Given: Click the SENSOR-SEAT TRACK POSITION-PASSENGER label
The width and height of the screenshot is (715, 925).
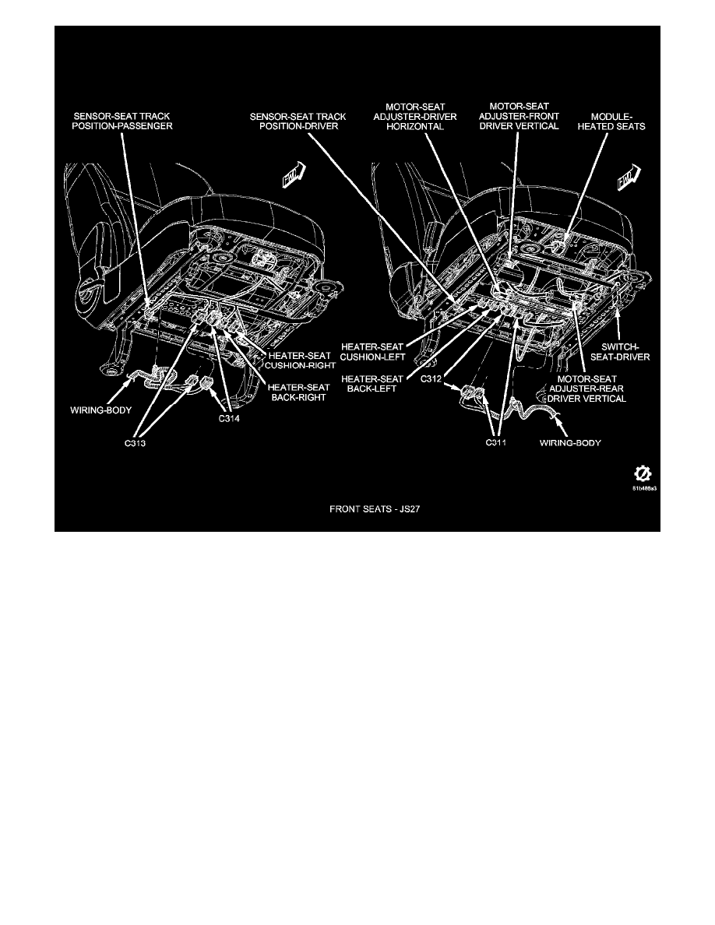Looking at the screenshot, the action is (x=122, y=121).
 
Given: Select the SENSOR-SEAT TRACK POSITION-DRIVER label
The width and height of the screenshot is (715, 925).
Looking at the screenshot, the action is (x=298, y=121).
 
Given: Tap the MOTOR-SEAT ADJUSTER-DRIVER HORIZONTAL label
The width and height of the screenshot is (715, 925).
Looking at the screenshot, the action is (x=414, y=116).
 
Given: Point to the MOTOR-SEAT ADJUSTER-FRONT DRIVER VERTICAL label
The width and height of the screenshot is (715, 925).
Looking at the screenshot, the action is (x=519, y=116).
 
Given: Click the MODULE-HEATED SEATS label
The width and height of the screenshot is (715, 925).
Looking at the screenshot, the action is (x=611, y=121).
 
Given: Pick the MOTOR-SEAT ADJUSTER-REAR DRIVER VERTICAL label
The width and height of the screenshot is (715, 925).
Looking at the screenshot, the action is (x=586, y=389).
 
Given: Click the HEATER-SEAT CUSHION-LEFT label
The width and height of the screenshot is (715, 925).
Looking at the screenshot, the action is (x=372, y=352).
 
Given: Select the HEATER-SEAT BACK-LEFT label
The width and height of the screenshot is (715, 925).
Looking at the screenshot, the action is (x=372, y=383).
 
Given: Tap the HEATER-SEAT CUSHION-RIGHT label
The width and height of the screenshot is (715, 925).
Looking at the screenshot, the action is (x=300, y=361).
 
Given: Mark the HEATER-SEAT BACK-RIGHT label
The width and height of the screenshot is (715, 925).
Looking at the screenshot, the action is (x=298, y=392).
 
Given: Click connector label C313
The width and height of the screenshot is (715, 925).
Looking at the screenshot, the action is (x=135, y=444).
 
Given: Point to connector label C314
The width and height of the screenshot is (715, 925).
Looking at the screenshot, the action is (x=229, y=419).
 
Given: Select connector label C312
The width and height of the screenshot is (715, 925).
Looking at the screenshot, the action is (x=431, y=378).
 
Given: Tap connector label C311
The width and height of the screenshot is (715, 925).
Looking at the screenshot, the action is (x=495, y=442).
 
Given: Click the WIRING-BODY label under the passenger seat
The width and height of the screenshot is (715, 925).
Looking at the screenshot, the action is (x=101, y=410).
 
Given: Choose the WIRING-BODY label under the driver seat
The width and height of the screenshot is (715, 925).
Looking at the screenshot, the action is (x=570, y=442).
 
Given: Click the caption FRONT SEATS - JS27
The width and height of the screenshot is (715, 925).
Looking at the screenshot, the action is (x=375, y=508).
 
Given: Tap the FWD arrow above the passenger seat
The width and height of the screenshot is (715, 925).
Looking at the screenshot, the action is (x=294, y=175).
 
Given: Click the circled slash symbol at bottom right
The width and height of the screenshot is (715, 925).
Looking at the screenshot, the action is (x=642, y=473).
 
